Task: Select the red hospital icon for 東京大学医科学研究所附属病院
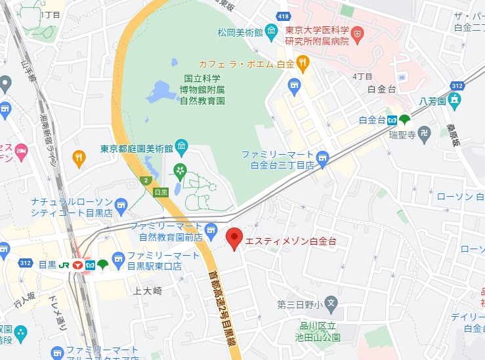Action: (358, 31)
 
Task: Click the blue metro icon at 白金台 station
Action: (391, 119)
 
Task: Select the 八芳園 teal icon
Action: (455, 101)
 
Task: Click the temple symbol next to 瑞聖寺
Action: (424, 133)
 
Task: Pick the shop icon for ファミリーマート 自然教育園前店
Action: (210, 229)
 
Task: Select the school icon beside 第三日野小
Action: (331, 304)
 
